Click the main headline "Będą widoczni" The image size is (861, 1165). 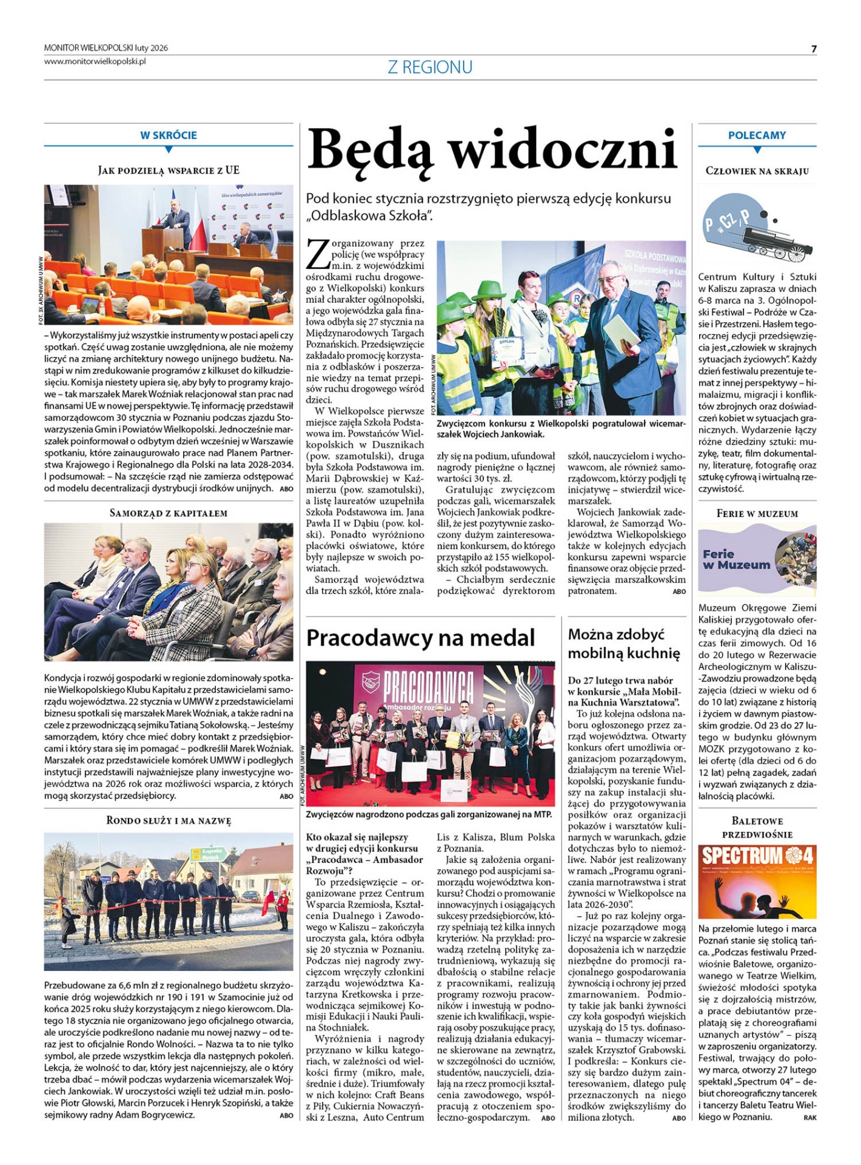tap(492, 150)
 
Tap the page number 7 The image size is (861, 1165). tap(814, 49)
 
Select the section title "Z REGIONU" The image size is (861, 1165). tap(430, 67)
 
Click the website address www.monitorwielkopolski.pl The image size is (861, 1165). tap(95, 61)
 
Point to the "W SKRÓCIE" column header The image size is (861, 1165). tap(169, 135)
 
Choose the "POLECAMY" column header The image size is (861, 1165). tap(757, 135)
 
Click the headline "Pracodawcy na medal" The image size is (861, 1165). tap(420, 638)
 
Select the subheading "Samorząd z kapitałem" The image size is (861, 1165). tap(169, 513)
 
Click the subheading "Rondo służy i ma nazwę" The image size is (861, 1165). tap(169, 821)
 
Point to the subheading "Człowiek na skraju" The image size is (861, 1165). tap(757, 171)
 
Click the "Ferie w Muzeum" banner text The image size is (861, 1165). tap(736, 559)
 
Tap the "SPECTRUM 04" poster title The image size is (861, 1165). tap(757, 857)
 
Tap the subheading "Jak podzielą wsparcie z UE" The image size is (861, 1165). tap(169, 171)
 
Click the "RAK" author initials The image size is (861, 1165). tap(809, 1118)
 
